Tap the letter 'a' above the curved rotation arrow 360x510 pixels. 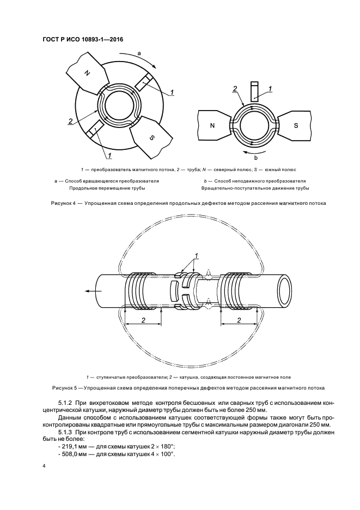(139, 53)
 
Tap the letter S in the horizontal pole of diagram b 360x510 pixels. (296, 125)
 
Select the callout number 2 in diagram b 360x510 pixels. (235, 88)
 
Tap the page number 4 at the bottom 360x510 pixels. (44, 467)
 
